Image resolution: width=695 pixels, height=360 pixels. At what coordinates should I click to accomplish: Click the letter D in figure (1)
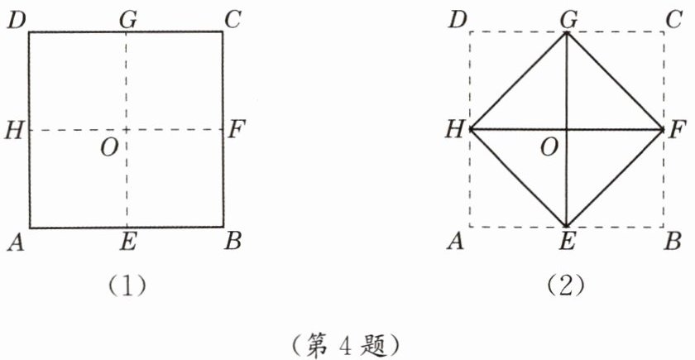(x=16, y=20)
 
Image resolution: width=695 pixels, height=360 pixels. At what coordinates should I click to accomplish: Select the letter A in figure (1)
(x=15, y=241)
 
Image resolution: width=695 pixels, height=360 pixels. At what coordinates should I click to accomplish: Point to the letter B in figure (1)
(x=234, y=241)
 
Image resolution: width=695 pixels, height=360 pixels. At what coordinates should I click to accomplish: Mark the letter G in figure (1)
(x=127, y=19)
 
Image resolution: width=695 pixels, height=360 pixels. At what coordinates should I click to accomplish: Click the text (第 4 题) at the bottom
(x=347, y=341)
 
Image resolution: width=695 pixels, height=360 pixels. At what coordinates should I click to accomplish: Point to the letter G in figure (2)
(x=567, y=19)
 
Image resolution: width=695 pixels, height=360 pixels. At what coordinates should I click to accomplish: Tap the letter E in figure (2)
(x=567, y=242)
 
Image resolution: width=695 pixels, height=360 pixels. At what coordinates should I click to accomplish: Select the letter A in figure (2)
(x=455, y=241)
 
